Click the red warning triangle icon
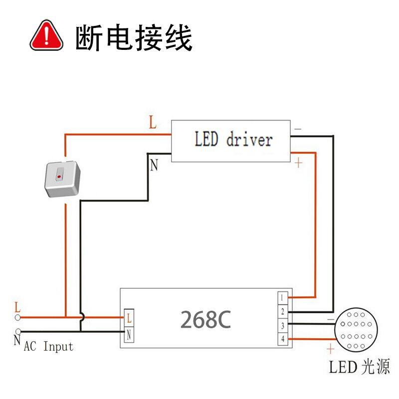[x=47, y=36]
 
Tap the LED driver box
[x=231, y=140]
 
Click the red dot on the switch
[x=59, y=177]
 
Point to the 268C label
[x=205, y=320]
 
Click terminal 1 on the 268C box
[x=283, y=298]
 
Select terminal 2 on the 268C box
[x=283, y=312]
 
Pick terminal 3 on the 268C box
[x=283, y=326]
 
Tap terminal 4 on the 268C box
[x=283, y=340]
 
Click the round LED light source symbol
[x=356, y=331]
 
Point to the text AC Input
[x=48, y=346]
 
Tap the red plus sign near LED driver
[x=298, y=163]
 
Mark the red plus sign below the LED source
[x=330, y=348]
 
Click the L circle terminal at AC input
[x=18, y=317]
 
